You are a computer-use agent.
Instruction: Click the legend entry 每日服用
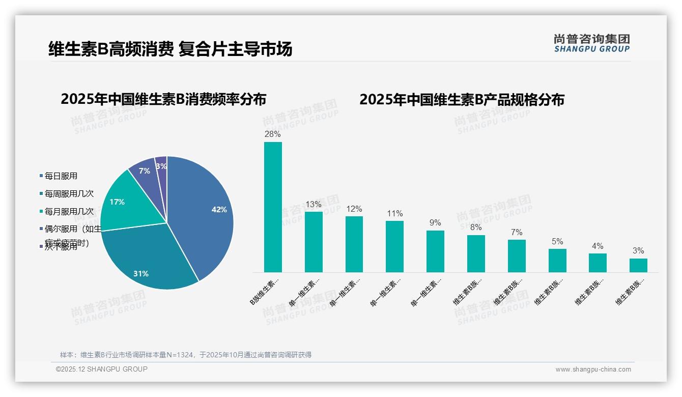[61, 176]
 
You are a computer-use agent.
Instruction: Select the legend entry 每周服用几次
[69, 194]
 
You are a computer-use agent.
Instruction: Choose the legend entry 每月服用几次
[69, 211]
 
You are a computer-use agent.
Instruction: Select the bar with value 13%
[314, 242]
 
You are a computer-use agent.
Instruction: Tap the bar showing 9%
[435, 251]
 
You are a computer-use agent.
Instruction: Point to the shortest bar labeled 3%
[638, 265]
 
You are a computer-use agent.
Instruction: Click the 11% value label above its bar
[394, 214]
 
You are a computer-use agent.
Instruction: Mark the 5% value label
[557, 242]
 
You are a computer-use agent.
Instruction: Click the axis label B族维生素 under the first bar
[265, 291]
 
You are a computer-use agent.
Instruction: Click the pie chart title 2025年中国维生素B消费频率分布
[163, 99]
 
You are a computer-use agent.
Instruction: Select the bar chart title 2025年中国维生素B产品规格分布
[462, 100]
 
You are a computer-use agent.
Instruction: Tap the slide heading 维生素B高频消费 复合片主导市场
[170, 49]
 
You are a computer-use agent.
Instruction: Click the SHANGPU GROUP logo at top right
[591, 43]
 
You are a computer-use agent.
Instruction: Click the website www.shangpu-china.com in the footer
[593, 370]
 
